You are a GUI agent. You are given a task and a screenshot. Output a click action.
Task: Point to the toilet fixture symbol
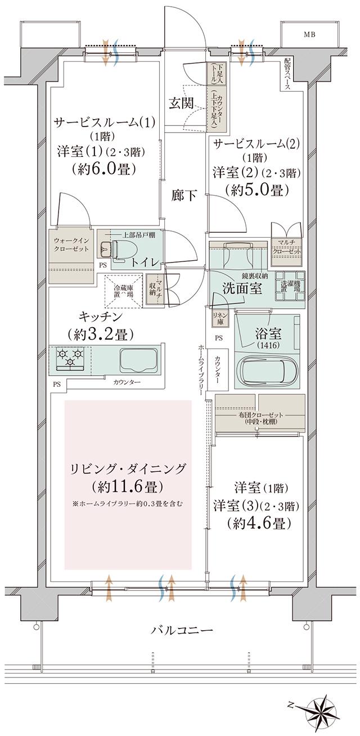115,248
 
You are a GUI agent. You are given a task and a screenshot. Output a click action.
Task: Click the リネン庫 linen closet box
219,319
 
